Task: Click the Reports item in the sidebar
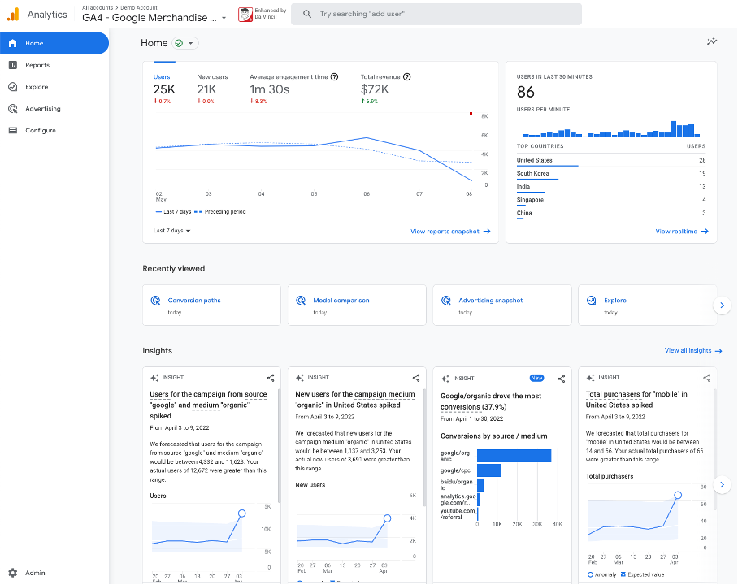(37, 65)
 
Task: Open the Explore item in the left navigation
(37, 87)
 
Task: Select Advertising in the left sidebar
(42, 109)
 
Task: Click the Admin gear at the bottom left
(13, 573)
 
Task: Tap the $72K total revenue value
(375, 89)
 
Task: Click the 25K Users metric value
(164, 89)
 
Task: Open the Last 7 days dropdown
(171, 231)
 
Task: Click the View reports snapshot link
(449, 232)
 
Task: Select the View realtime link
(681, 232)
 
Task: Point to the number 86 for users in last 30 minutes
(526, 92)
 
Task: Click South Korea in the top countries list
(533, 173)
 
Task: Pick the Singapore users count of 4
(704, 199)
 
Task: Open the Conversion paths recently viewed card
(194, 301)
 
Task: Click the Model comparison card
(341, 301)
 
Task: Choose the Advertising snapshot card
(490, 301)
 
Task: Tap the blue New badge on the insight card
(536, 378)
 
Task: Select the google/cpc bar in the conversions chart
(488, 470)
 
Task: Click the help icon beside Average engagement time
(334, 77)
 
